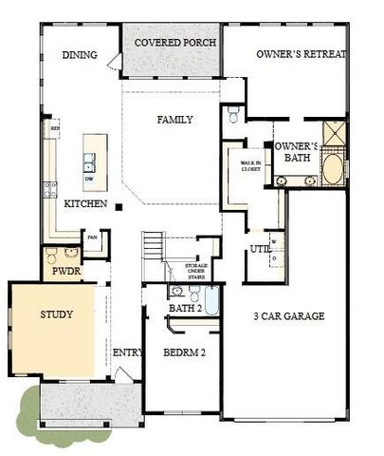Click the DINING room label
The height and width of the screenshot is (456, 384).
tap(80, 55)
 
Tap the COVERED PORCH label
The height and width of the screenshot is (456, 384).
tap(174, 43)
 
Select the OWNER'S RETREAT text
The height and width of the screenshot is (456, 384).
tap(302, 55)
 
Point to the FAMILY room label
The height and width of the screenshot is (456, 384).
tap(174, 120)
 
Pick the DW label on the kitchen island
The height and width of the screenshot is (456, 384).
tap(89, 178)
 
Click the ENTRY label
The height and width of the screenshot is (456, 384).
tap(127, 352)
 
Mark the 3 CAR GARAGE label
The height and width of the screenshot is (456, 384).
tap(289, 315)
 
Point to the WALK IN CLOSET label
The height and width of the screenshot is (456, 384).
tap(250, 169)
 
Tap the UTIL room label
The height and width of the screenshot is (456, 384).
tap(259, 248)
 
